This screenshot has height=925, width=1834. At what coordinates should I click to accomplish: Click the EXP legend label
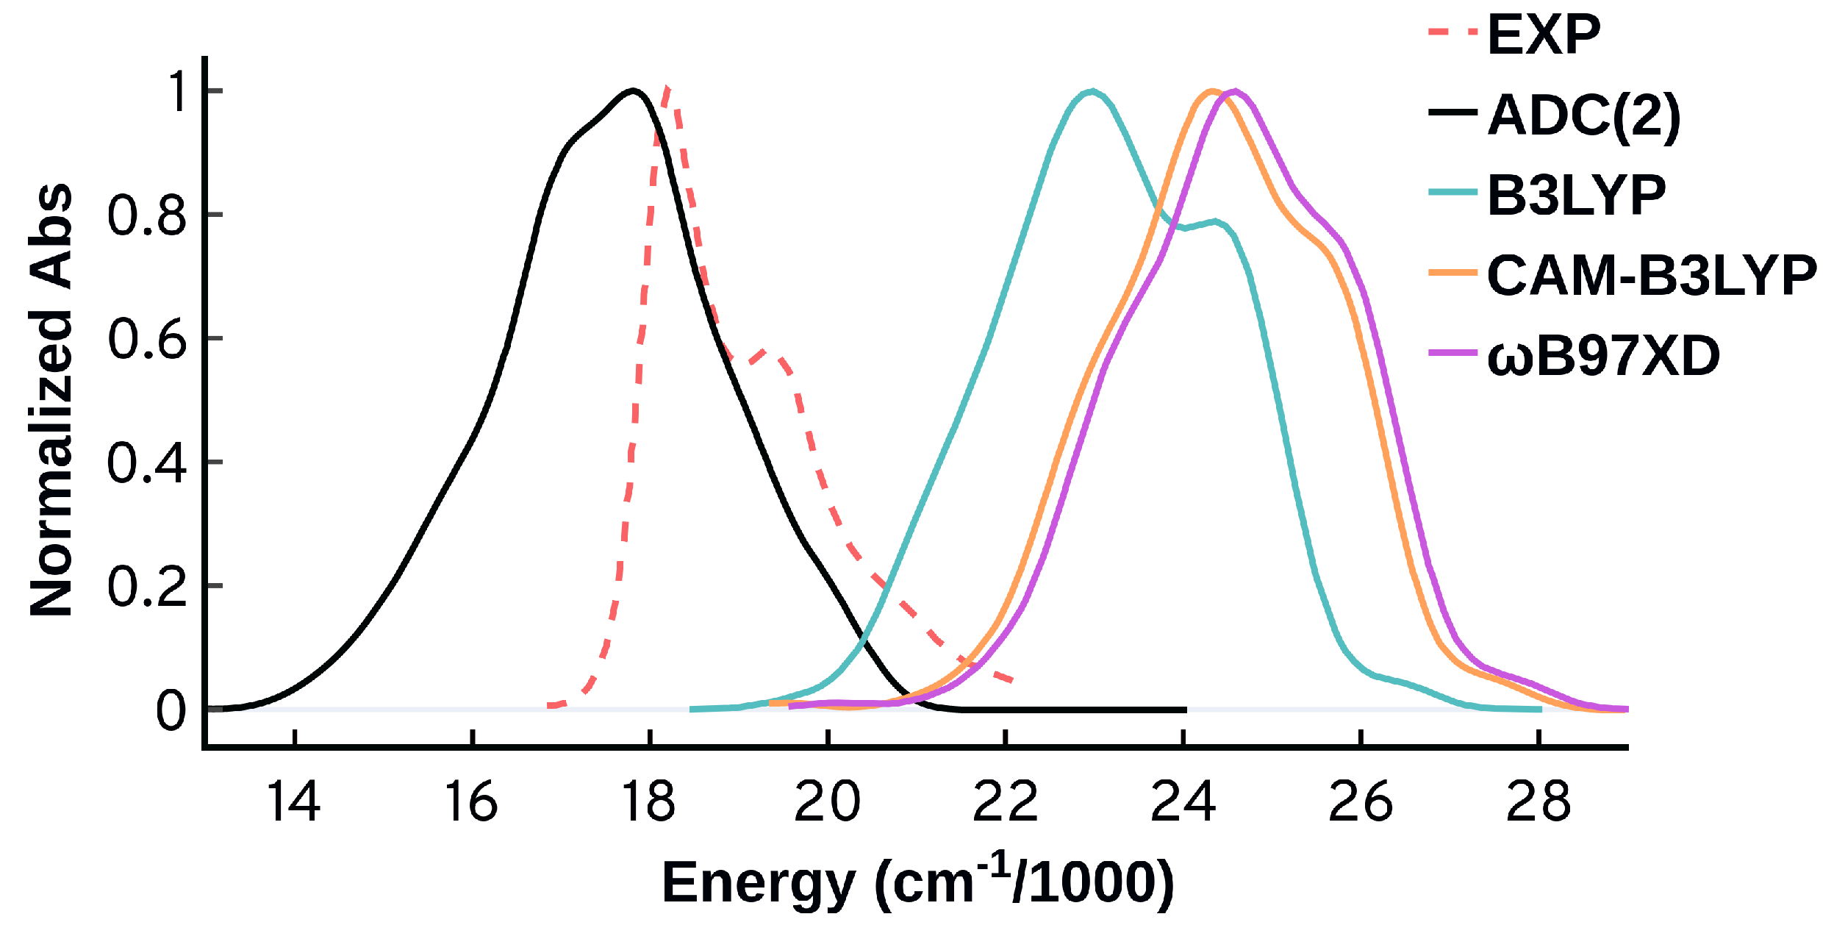pyautogui.click(x=1543, y=35)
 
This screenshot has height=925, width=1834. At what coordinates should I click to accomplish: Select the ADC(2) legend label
pyautogui.click(x=1583, y=115)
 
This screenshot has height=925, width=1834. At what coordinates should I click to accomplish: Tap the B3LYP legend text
pyautogui.click(x=1576, y=196)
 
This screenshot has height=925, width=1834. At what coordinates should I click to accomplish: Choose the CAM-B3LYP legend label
pyautogui.click(x=1651, y=276)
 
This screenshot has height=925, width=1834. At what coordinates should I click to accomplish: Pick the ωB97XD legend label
pyautogui.click(x=1602, y=356)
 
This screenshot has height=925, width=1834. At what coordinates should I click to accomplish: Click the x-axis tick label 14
pyautogui.click(x=293, y=802)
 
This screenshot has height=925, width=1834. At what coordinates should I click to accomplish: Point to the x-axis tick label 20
pyautogui.click(x=827, y=802)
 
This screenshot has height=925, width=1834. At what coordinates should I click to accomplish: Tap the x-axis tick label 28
pyautogui.click(x=1538, y=802)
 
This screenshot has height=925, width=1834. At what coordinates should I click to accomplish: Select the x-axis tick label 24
pyautogui.click(x=1182, y=802)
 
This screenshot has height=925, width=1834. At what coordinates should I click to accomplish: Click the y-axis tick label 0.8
pyautogui.click(x=146, y=215)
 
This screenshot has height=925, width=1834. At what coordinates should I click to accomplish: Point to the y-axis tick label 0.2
pyautogui.click(x=146, y=587)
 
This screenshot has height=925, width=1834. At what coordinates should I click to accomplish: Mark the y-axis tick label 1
pyautogui.click(x=179, y=92)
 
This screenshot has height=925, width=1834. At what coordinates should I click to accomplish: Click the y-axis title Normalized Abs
pyautogui.click(x=51, y=401)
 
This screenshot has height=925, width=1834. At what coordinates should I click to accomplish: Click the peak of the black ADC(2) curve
pyautogui.click(x=633, y=91)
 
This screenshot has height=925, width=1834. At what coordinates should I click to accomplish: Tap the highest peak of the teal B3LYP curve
pyautogui.click(x=1092, y=92)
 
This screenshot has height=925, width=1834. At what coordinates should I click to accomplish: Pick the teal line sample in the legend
pyautogui.click(x=1452, y=193)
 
